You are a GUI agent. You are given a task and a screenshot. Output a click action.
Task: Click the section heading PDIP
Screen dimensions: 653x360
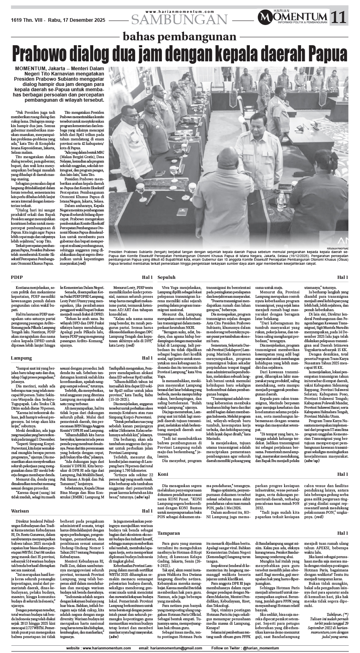tap(17, 277)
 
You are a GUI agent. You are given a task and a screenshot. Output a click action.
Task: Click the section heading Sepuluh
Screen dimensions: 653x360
tap(166, 277)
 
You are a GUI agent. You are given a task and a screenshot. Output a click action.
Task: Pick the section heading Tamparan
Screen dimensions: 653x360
tap(168, 533)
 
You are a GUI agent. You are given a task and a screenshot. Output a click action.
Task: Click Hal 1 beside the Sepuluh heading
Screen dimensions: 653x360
tap(343, 277)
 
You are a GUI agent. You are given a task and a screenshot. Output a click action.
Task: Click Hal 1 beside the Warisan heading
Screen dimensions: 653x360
tap(147, 511)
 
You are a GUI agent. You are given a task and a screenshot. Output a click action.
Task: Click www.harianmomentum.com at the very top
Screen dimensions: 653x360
tap(179, 12)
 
